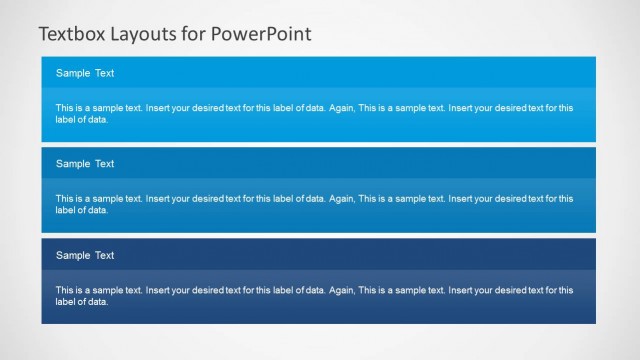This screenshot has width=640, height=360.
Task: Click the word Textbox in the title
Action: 71,33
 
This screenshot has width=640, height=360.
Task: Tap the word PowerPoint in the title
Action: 263,33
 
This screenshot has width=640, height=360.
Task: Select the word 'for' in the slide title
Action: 195,33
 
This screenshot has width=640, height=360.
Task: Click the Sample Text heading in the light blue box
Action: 85,73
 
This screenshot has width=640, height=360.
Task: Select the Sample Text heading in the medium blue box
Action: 85,164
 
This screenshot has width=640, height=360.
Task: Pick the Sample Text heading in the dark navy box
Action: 85,256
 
